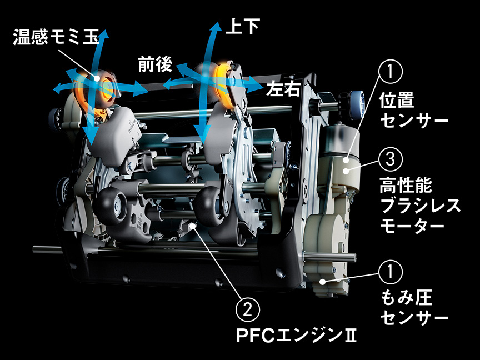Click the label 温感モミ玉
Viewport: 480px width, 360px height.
click(x=56, y=37)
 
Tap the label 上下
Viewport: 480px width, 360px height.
click(x=242, y=27)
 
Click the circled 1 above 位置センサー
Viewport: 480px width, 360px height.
click(x=390, y=72)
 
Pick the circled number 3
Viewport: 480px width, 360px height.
click(x=390, y=159)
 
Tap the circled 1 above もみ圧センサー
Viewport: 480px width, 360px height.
click(x=390, y=273)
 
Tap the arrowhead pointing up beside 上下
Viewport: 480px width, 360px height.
click(x=214, y=29)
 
